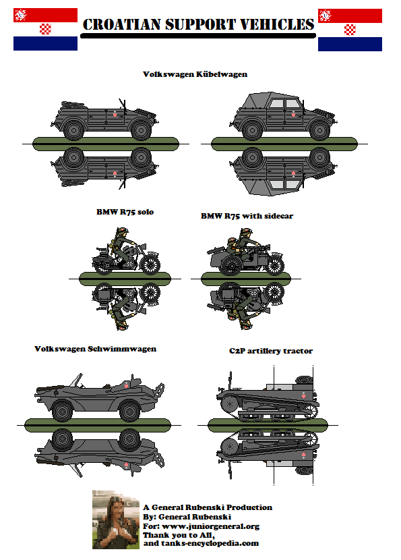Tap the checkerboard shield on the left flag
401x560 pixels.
tap(46, 29)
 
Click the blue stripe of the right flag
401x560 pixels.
tap(350, 45)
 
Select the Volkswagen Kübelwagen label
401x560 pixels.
tap(195, 74)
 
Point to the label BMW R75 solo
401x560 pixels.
tap(125, 212)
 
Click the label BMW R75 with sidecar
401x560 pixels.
tap(247, 216)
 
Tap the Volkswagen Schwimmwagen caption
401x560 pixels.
tap(95, 349)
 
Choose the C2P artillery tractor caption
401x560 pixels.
tap(270, 351)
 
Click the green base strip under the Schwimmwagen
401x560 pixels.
tap(95, 424)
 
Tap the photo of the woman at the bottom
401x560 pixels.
tap(115, 519)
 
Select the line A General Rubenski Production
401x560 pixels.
tap(208, 507)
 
